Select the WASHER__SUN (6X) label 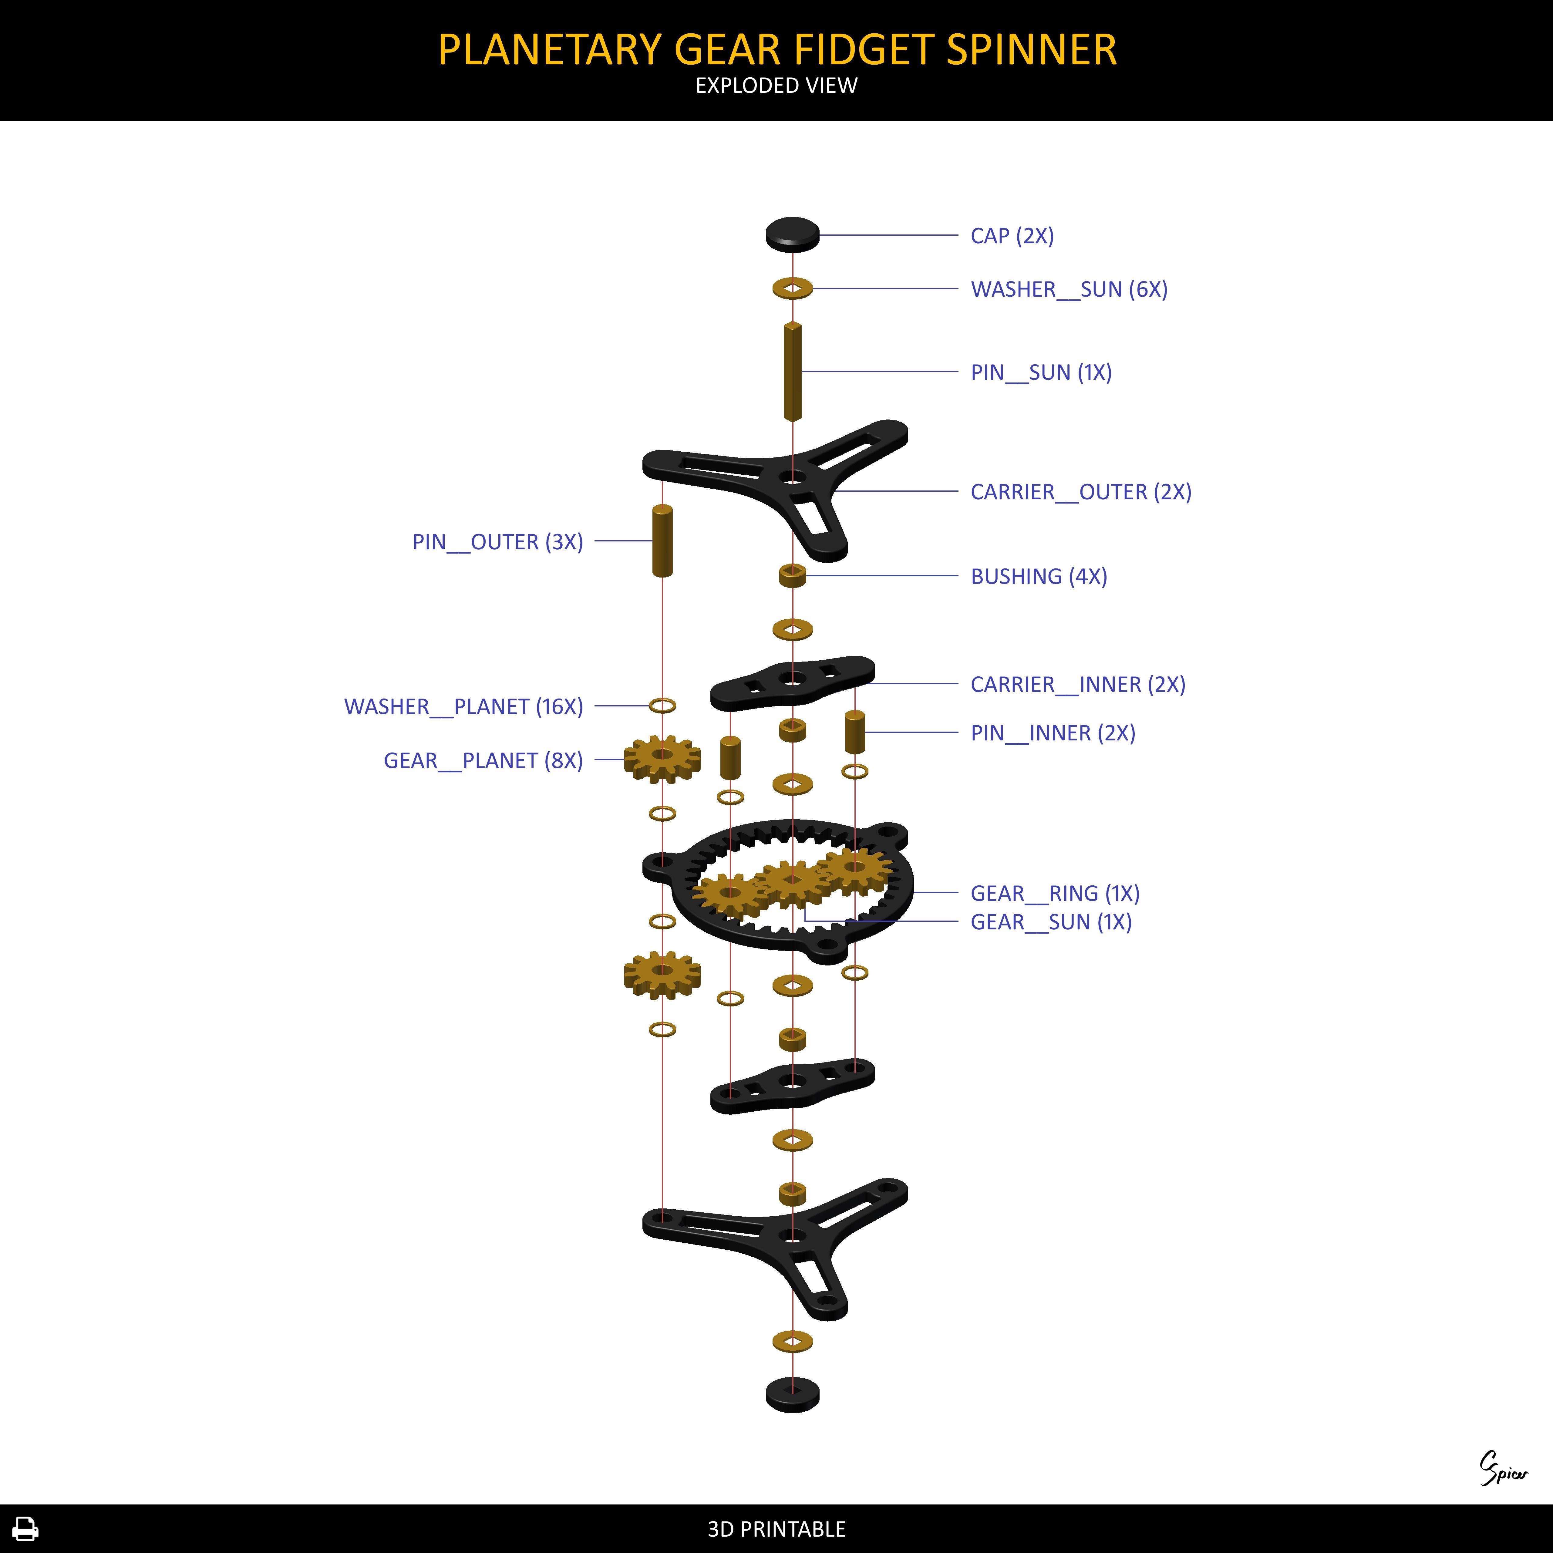point(1068,289)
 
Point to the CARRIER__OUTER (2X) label point(1080,492)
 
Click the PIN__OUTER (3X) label point(497,542)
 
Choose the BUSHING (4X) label point(1039,576)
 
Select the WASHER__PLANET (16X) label point(463,706)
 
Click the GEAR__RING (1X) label point(1055,893)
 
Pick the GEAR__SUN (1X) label point(1051,922)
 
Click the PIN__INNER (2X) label point(1052,733)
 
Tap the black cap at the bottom point(792,1395)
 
